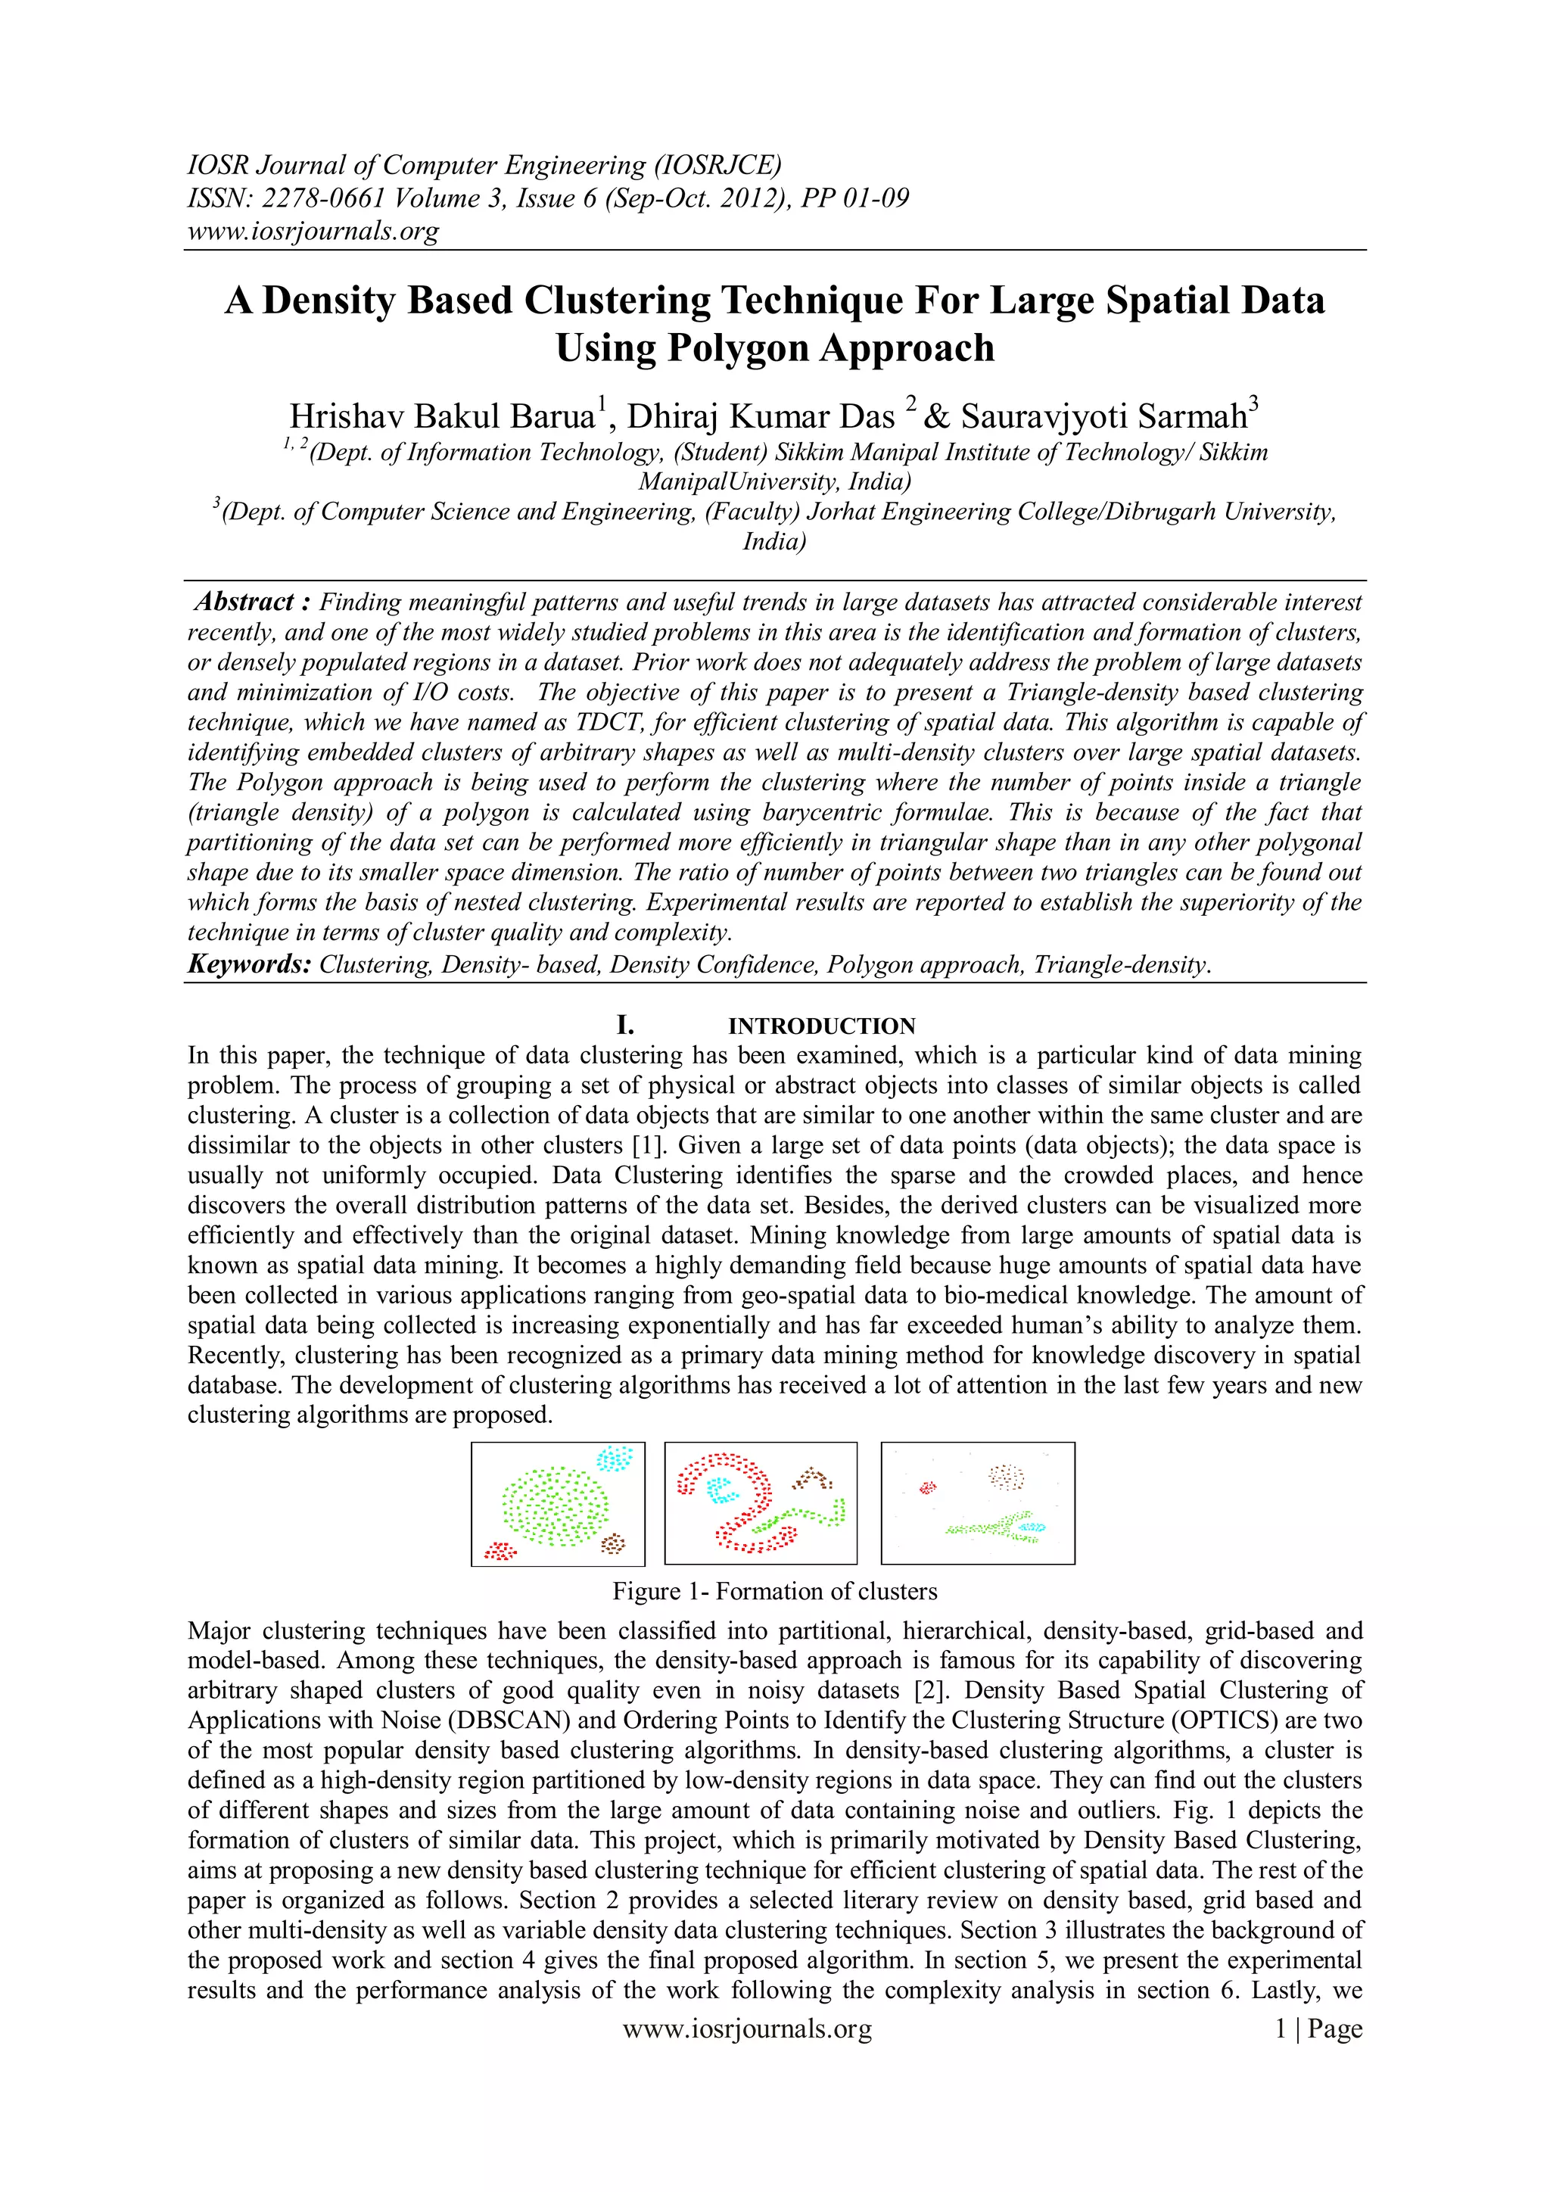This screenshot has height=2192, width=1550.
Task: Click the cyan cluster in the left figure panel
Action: coord(615,1458)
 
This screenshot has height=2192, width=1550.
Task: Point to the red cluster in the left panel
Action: coord(500,1550)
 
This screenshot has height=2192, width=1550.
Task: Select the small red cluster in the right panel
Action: coord(927,1487)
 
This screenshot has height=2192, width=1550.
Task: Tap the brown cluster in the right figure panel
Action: coord(1005,1477)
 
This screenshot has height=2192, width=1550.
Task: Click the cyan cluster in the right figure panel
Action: coord(1031,1527)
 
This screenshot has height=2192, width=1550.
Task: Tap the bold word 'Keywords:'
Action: coord(249,964)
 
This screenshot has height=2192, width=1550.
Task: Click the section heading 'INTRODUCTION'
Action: coord(821,1026)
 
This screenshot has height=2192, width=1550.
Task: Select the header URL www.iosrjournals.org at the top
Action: coord(313,231)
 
